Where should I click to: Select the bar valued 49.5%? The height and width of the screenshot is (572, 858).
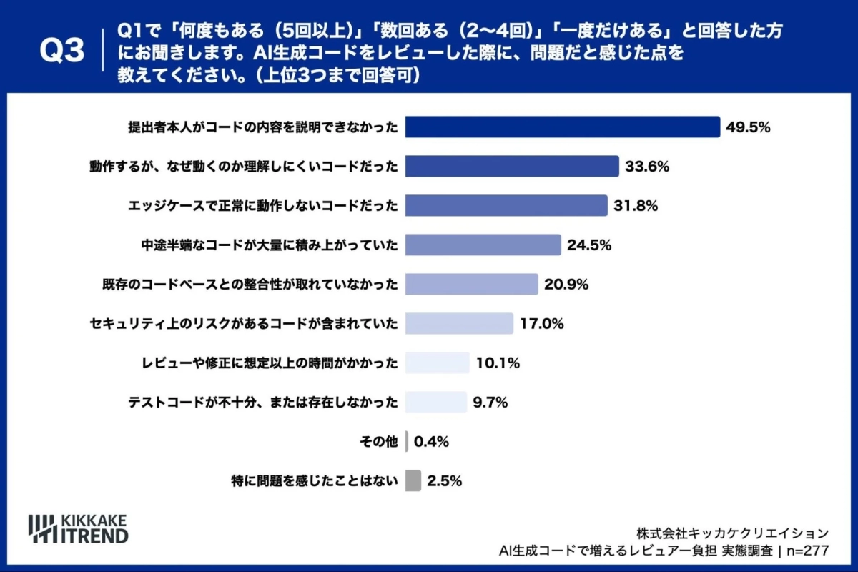[x=562, y=127]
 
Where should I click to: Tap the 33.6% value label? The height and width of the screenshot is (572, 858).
[x=647, y=167]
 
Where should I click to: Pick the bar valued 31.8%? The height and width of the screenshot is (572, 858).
[x=506, y=206]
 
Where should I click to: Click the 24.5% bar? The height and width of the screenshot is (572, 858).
[x=483, y=245]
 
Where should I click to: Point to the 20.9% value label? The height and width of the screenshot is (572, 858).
[x=566, y=285]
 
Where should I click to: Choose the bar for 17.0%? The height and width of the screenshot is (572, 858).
[x=459, y=324]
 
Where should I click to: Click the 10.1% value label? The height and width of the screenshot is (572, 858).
[x=498, y=363]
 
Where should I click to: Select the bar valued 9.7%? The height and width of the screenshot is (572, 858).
[x=435, y=402]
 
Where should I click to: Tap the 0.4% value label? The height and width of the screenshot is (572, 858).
[x=431, y=442]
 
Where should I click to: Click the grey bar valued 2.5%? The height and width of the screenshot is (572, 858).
[x=413, y=480]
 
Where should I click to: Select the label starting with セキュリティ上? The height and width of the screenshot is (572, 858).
[x=244, y=324]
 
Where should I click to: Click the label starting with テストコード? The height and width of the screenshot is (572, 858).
[x=262, y=403]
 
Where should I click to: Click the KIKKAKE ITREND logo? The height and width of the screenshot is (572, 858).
[x=78, y=528]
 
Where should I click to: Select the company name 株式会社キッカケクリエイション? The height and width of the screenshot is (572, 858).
[x=733, y=533]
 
